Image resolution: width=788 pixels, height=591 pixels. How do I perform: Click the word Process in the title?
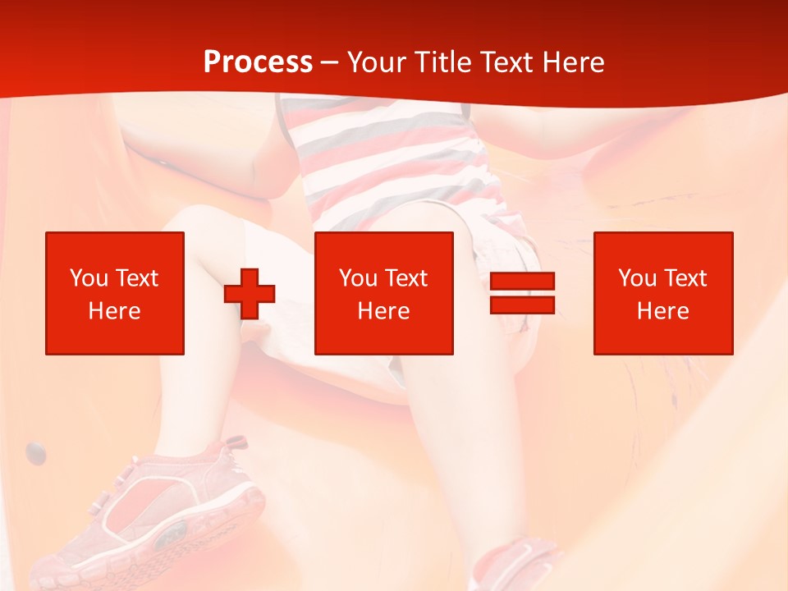258,62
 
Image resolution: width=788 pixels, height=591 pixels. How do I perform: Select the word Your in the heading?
377,62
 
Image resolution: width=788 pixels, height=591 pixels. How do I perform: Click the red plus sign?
250,294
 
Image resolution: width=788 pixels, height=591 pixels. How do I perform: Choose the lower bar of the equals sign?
522,305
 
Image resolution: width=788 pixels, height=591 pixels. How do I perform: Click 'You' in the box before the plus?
89,278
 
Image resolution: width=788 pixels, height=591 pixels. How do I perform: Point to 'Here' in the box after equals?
662,311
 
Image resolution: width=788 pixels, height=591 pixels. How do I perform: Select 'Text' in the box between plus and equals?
405,278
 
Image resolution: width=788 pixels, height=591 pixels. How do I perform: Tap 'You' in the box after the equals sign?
637,278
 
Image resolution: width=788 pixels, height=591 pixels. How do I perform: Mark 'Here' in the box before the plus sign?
114,311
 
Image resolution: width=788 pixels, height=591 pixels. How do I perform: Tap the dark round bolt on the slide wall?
35,451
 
